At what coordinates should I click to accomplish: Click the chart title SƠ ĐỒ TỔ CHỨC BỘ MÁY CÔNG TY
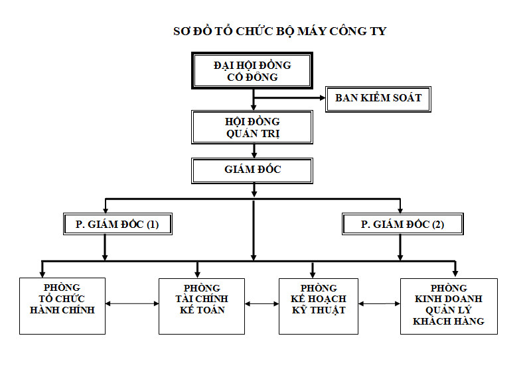[279, 31]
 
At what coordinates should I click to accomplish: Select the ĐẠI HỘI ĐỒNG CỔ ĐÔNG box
[252, 71]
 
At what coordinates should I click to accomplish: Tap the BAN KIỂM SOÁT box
[378, 98]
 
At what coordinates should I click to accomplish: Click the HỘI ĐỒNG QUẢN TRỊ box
[252, 127]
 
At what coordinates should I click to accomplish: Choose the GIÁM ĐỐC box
[252, 170]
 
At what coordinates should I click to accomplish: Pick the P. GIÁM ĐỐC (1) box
[113, 224]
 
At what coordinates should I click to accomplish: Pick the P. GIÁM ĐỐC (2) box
[403, 224]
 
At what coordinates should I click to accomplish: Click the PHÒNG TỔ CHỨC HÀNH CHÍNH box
[62, 305]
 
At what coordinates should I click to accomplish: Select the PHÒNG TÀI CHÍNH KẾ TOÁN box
[202, 305]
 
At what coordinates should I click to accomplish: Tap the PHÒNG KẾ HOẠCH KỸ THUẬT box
[319, 305]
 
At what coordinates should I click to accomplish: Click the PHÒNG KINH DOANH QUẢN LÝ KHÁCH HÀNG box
[449, 305]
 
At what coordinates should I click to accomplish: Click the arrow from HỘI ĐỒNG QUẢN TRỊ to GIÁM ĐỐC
[254, 151]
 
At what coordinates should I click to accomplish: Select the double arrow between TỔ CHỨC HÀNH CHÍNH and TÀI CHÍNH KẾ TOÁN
[132, 304]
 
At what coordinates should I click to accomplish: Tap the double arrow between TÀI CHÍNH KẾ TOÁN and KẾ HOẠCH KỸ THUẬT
[262, 304]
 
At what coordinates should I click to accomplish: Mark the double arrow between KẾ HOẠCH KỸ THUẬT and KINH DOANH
[379, 304]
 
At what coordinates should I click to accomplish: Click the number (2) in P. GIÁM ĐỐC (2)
[437, 225]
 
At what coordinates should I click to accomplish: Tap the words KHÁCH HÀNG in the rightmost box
[449, 321]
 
